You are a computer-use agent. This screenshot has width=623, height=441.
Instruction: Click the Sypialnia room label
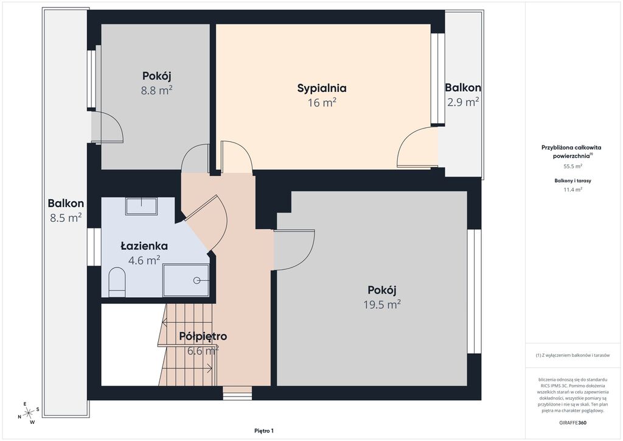[x=322, y=88]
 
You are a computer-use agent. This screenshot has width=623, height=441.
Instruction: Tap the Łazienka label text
[x=144, y=246]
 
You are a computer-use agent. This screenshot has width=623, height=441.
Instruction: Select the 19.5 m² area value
[x=382, y=305]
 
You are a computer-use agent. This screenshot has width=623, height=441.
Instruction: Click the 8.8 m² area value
[x=156, y=91]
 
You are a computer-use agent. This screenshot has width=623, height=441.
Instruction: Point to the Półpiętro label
[x=203, y=336]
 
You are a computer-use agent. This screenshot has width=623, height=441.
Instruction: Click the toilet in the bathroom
[x=117, y=282]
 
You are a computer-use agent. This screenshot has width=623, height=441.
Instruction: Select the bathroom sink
[x=141, y=206]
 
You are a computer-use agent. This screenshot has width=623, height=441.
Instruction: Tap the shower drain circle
[x=197, y=280]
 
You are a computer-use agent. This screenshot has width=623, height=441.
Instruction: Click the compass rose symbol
[x=28, y=414]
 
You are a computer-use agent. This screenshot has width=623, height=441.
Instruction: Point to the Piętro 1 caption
[x=264, y=431]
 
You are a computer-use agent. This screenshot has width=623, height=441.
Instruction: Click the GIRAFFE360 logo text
[x=572, y=423]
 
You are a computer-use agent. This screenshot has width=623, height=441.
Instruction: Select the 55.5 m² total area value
[x=573, y=167]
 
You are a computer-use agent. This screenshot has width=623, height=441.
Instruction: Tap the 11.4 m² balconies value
[x=573, y=189]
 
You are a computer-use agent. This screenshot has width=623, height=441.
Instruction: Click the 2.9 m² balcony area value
[x=463, y=102]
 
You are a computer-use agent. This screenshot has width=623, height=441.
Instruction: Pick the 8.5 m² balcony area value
[x=66, y=218]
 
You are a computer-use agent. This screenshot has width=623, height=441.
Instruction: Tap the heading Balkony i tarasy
[x=573, y=180]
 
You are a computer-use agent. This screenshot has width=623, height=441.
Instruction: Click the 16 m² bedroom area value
[x=322, y=102]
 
